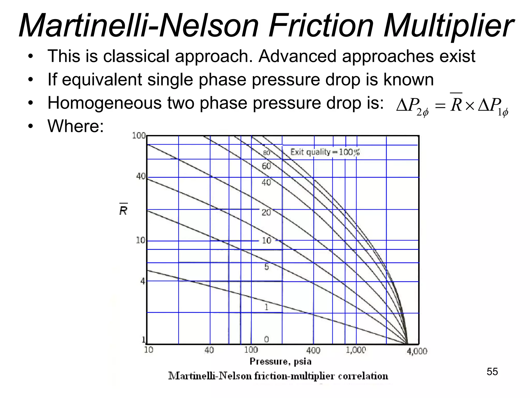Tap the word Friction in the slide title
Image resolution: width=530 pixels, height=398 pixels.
321,26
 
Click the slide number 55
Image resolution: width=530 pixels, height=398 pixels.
492,372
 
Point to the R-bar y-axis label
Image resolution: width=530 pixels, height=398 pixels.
123,210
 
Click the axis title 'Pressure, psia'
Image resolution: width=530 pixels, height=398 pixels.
280,361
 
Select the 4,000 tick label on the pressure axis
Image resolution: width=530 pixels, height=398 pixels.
417,351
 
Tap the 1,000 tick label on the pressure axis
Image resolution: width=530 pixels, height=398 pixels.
356,350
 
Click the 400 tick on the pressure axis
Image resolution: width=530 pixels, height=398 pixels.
313,350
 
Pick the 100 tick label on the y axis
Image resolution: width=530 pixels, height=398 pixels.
139,136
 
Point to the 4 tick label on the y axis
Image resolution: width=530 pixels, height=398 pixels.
143,281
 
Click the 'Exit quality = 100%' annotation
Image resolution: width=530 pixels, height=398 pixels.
325,152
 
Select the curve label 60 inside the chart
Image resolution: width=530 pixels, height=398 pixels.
266,166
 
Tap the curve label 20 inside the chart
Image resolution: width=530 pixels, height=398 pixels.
266,212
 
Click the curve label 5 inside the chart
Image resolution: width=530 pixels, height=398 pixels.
267,267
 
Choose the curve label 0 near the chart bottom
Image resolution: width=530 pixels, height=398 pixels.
266,339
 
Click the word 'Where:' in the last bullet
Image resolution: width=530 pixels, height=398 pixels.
76,126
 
